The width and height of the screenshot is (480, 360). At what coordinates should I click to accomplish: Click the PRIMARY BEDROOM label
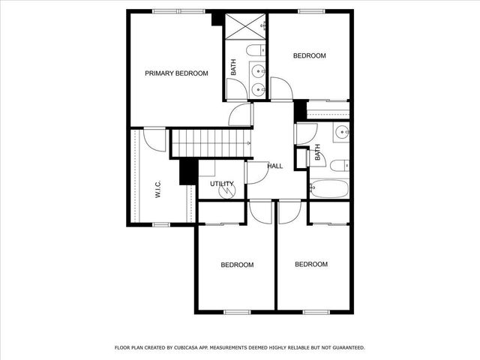(x=176, y=73)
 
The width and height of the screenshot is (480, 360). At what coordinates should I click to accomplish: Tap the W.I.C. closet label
(x=158, y=188)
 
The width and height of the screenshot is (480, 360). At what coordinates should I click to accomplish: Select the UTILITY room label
(x=221, y=183)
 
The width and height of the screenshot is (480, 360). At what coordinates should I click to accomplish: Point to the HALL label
(x=275, y=166)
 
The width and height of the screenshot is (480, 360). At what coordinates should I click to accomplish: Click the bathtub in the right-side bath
(x=328, y=188)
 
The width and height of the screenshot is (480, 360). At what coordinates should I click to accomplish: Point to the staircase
(x=210, y=142)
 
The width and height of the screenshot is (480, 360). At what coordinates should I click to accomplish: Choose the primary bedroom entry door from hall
(x=241, y=115)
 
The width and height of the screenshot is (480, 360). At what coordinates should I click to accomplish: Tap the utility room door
(x=255, y=172)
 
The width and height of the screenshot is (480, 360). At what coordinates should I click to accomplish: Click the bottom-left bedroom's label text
(x=236, y=265)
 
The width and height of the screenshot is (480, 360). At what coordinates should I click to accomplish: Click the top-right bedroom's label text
(x=309, y=56)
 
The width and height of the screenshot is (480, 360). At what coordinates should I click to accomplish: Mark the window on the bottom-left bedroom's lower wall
(x=237, y=311)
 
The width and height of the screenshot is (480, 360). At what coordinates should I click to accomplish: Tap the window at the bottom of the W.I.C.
(x=161, y=224)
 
